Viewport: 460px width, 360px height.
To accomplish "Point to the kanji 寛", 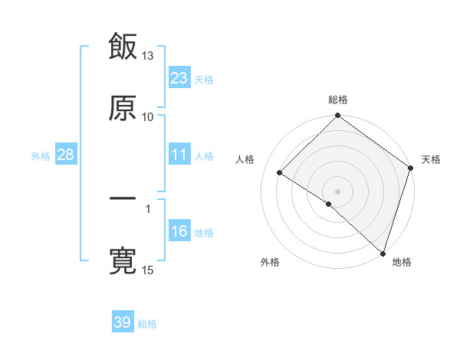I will (123, 260).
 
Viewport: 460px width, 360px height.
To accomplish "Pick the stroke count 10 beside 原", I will (148, 116).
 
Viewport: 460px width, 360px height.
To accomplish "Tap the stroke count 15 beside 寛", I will (148, 270).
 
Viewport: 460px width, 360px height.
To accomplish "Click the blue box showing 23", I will (179, 77).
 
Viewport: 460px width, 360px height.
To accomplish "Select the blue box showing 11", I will (179, 155).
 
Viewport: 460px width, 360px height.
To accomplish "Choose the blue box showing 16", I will (179, 231).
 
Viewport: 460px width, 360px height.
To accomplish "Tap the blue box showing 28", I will (65, 155).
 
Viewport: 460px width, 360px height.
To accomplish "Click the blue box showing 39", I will (122, 322).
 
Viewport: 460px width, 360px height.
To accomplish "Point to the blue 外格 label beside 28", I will (41, 155).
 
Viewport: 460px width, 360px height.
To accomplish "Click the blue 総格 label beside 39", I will (147, 324).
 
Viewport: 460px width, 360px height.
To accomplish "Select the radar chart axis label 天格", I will (431, 159).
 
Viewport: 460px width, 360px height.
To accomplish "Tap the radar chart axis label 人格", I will (245, 159).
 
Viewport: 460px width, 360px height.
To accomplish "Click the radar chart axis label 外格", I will (270, 262).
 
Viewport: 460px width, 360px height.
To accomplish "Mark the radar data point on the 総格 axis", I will (337, 116).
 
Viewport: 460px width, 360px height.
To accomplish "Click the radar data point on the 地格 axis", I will (382, 253).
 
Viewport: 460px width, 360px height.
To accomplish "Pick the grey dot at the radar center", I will (337, 191).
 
